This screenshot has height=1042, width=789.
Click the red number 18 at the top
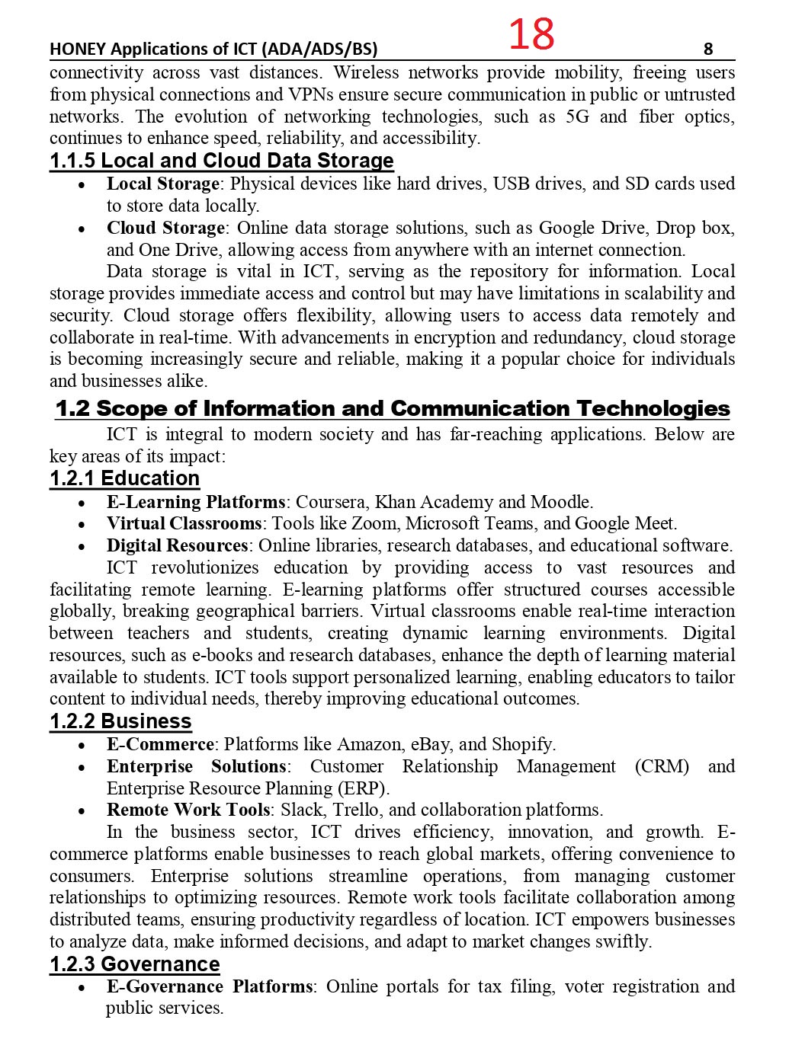[531, 34]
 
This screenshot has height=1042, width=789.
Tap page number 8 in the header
[708, 50]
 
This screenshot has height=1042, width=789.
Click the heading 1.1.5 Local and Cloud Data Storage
[222, 161]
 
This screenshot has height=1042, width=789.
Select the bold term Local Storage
[163, 184]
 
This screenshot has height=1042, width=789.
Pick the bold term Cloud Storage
[165, 228]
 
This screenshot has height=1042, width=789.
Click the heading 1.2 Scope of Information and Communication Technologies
[393, 408]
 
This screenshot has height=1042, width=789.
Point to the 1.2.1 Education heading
[125, 478]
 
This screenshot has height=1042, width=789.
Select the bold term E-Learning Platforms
[196, 502]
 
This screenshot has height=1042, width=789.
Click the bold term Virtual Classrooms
[184, 523]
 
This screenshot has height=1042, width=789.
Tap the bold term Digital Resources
[178, 545]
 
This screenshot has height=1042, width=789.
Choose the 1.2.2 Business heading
[120, 721]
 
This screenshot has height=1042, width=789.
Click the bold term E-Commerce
[160, 744]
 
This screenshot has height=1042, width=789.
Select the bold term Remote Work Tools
[188, 810]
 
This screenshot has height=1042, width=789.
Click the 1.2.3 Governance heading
[135, 964]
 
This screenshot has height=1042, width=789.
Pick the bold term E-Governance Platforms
[210, 986]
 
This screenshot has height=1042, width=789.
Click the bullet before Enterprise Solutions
[82, 767]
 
